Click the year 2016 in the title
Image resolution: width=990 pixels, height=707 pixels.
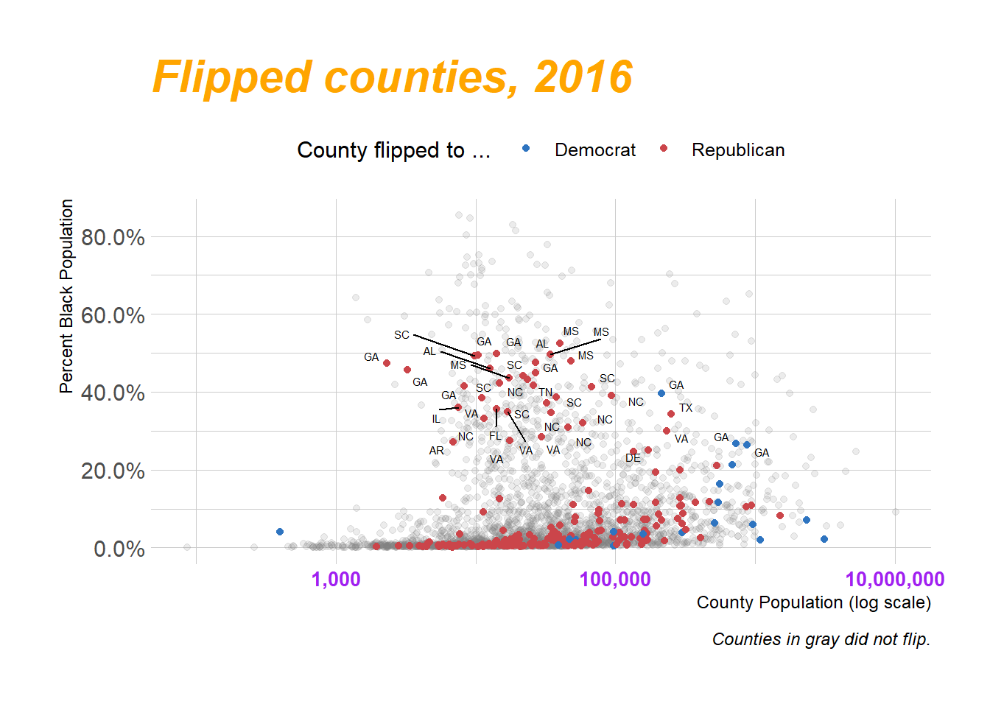point(583,77)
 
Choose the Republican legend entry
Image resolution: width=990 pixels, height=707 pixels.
point(737,150)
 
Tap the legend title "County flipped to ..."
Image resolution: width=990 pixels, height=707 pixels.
point(393,150)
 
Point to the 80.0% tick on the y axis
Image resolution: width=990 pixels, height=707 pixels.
point(113,238)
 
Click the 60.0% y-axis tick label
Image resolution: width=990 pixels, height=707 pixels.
point(113,316)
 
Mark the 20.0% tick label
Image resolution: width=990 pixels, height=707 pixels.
point(113,471)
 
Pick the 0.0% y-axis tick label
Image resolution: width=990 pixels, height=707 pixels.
point(119,549)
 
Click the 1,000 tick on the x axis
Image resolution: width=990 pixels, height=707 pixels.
point(336,580)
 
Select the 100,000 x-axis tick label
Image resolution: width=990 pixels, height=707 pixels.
point(615,580)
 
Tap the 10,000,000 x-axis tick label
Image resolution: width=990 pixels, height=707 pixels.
point(894,580)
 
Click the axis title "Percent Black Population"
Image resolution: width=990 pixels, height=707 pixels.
point(66,296)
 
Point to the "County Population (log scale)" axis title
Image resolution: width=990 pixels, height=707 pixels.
point(813,603)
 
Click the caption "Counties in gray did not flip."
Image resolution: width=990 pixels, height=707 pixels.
point(821,639)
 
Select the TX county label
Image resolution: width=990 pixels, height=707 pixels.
point(686,408)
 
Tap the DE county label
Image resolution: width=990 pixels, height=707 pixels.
point(633,458)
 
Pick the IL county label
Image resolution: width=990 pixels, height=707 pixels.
point(436,419)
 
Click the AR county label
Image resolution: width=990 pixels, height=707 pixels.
point(437,451)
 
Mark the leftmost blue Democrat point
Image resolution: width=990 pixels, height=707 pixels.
point(280,532)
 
